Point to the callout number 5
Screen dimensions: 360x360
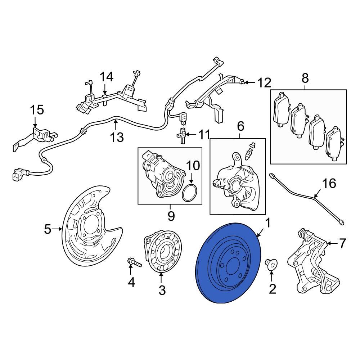click(48, 229)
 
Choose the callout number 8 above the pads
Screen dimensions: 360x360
click(305, 77)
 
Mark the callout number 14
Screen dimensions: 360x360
click(106, 77)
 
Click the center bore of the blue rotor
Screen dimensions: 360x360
click(230, 267)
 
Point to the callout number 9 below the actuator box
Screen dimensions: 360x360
click(170, 216)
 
